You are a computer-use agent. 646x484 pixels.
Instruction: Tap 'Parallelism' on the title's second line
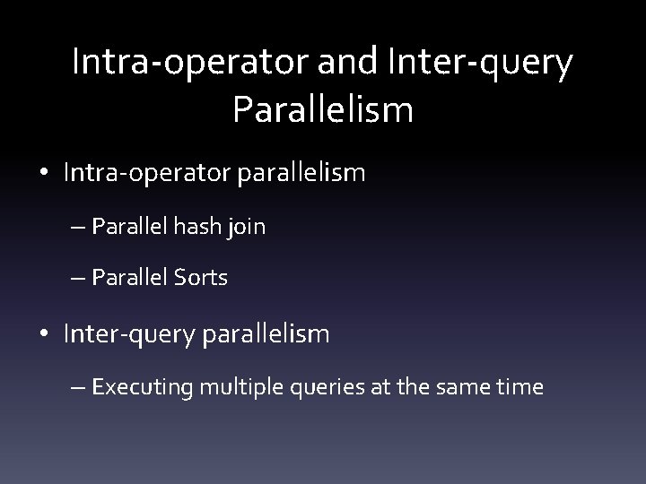coord(322,109)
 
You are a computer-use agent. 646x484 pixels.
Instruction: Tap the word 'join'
coord(247,227)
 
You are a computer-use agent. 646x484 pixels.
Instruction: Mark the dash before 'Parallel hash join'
coord(78,228)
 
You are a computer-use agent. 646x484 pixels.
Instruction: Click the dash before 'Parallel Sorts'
coord(78,279)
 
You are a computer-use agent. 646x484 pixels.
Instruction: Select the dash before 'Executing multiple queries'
coord(78,388)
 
